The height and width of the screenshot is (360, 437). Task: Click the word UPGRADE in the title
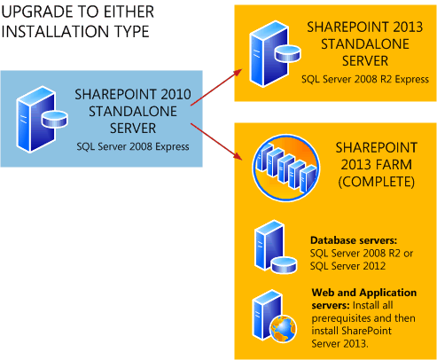coord(37,12)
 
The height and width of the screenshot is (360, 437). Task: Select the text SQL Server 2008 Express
coord(133,146)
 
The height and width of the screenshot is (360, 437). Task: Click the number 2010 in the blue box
coord(176,94)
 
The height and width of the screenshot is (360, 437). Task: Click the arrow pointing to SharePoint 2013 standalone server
coord(216,88)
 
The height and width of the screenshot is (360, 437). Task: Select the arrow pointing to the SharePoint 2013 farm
coord(216,142)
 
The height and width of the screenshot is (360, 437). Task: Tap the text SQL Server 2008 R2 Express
coord(365,79)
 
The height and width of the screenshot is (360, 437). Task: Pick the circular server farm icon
coord(286,168)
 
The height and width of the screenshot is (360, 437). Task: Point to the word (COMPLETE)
coord(377,182)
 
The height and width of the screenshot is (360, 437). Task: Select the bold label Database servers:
coord(354,240)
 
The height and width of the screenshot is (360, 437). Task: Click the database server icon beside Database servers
coord(276,247)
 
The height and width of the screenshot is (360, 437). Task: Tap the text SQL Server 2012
coord(347,266)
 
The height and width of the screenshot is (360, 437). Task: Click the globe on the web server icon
coord(283,329)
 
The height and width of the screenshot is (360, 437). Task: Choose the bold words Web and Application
coord(364,293)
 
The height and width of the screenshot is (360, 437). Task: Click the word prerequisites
coord(339,318)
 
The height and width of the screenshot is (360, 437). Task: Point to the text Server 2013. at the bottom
coord(339,344)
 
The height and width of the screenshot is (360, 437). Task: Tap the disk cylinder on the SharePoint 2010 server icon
coord(55,119)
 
